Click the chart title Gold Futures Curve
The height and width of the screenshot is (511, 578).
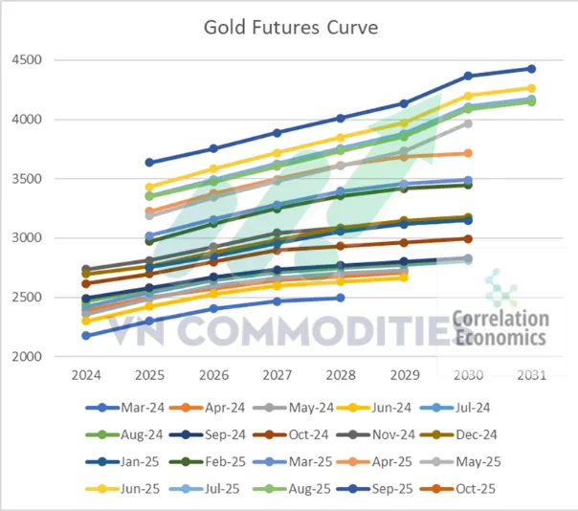(x=290, y=26)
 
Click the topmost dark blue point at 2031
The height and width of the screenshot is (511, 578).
(x=531, y=69)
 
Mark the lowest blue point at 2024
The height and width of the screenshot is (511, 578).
(x=87, y=335)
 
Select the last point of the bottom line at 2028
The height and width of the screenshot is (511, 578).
(x=341, y=298)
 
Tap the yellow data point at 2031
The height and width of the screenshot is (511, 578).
(x=531, y=88)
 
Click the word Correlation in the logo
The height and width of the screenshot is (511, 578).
(x=500, y=319)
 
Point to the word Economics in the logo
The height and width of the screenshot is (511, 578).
(x=500, y=337)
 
